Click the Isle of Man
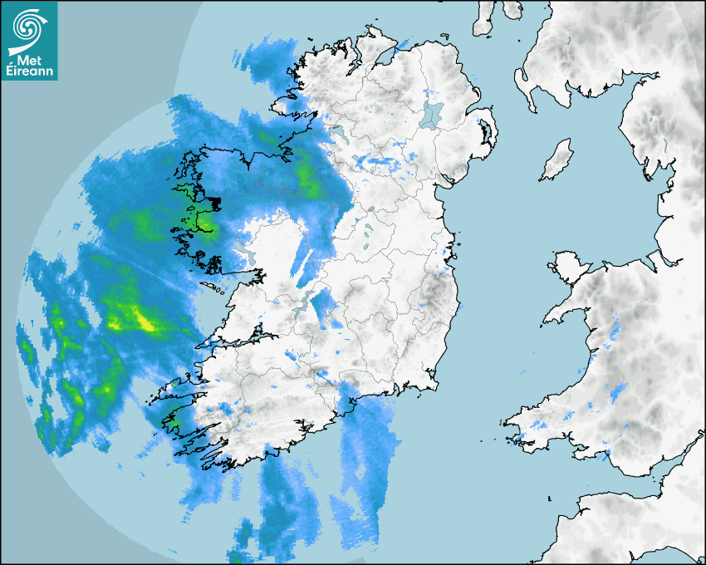click(556, 160)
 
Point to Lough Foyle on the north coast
click(384, 56)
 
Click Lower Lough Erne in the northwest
click(340, 132)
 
